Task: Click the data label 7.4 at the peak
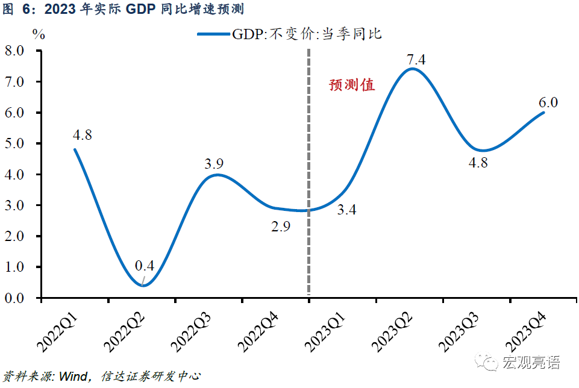tap(416, 60)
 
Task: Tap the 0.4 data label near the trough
tap(145, 265)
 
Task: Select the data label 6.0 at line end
tap(548, 102)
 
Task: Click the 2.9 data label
tap(280, 227)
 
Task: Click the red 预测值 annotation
tap(352, 85)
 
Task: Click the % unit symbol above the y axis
tap(39, 34)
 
